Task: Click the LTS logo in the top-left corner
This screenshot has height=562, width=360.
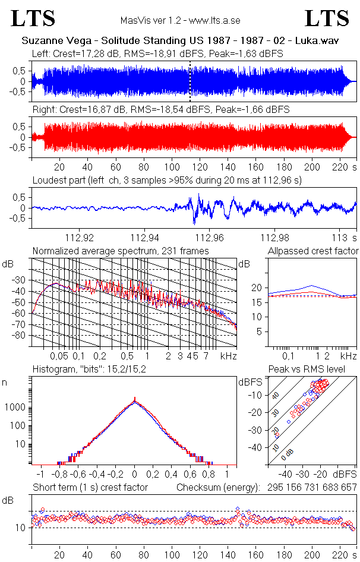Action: tap(33, 18)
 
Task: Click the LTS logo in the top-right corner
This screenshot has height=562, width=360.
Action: tap(327, 18)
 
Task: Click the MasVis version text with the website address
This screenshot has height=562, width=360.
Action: tap(180, 20)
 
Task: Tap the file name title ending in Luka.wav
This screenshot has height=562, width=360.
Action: tap(179, 42)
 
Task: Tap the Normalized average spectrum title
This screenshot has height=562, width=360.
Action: tap(121, 251)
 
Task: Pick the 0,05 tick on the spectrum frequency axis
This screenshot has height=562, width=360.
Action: tap(59, 356)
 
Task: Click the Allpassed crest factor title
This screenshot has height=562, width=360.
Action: tap(313, 251)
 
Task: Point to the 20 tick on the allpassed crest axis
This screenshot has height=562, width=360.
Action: tap(257, 288)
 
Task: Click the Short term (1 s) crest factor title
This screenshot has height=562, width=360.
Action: tap(90, 487)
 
